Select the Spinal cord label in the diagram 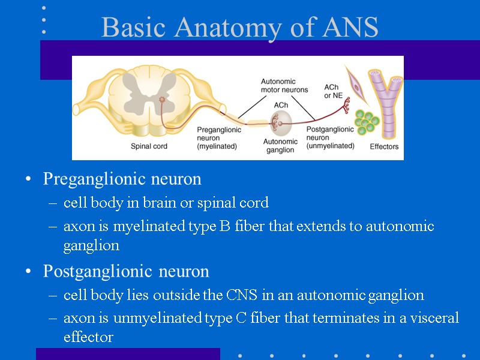(149, 145)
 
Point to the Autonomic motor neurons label (284, 85)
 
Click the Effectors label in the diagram (384, 146)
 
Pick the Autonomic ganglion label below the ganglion (280, 145)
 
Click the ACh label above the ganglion (281, 105)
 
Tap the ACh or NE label (334, 91)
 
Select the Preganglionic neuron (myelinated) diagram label (219, 137)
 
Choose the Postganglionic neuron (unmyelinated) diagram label (330, 137)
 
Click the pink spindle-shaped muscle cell (358, 87)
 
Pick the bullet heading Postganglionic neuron (126, 271)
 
